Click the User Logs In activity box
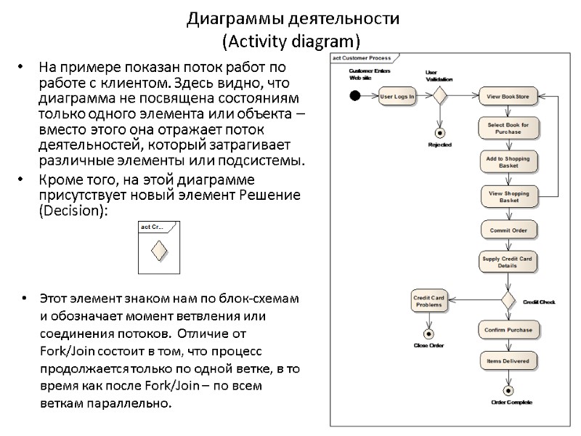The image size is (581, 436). click(x=397, y=96)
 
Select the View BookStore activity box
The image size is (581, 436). click(x=508, y=96)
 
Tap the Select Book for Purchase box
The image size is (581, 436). click(x=508, y=129)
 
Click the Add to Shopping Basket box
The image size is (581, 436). click(x=508, y=162)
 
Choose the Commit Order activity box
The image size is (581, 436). click(x=508, y=230)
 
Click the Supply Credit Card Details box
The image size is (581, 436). click(x=508, y=262)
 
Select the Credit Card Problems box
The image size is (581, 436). click(x=428, y=301)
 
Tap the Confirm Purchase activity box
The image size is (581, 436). click(x=508, y=330)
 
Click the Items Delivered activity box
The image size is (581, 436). click(x=508, y=360)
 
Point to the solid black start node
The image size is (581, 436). click(x=354, y=96)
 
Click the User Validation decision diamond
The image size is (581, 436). click(x=438, y=96)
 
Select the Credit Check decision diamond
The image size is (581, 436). click(x=508, y=300)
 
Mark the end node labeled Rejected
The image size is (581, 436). click(x=439, y=132)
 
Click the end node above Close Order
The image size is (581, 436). click(x=428, y=333)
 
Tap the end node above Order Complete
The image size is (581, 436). click(x=508, y=390)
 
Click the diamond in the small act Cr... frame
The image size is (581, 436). click(x=159, y=250)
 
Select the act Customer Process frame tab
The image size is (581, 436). click(x=361, y=58)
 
